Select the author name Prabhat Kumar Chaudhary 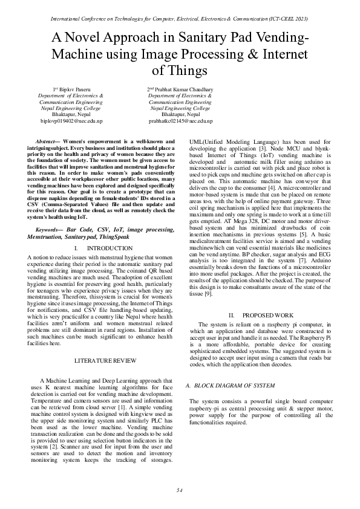tap(183, 89)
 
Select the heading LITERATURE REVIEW tap(100, 360)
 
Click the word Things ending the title tap(180, 71)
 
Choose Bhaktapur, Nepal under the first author tap(71, 114)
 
